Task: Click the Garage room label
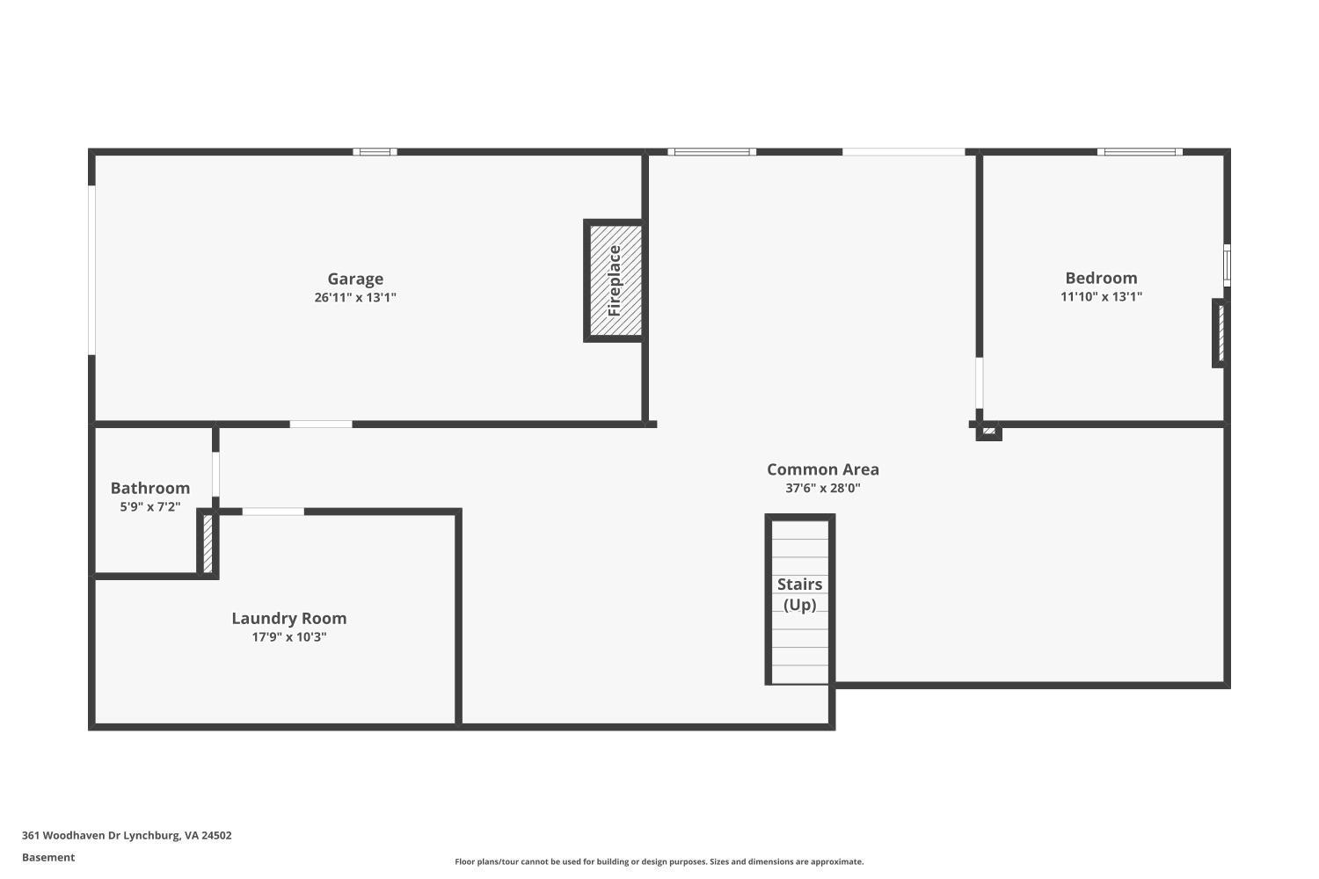click(355, 279)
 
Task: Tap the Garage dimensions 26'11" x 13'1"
click(355, 297)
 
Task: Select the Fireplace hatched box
click(615, 280)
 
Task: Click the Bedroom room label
click(1101, 278)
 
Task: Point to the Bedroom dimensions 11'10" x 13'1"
click(1101, 296)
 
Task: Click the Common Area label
click(822, 469)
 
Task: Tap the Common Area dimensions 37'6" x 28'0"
click(822, 489)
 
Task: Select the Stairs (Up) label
click(799, 594)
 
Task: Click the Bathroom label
click(150, 488)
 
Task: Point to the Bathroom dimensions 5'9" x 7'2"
click(150, 506)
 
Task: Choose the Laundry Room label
click(288, 618)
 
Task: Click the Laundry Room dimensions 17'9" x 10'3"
click(288, 637)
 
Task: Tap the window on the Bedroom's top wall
click(1140, 152)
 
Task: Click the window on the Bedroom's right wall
click(1227, 265)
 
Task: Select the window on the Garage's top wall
click(375, 152)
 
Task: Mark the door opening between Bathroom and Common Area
click(215, 474)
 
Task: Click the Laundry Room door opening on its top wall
click(273, 512)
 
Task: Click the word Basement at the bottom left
click(48, 858)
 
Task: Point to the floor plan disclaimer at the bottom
click(659, 862)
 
